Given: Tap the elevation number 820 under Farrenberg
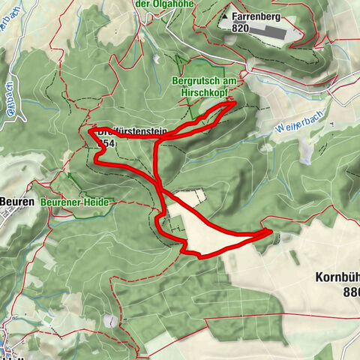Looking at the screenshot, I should pos(240,27).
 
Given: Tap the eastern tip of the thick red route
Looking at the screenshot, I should pos(269,232).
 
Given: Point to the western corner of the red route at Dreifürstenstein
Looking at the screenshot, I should pos(91,131).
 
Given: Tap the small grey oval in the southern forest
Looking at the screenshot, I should pos(112,320).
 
